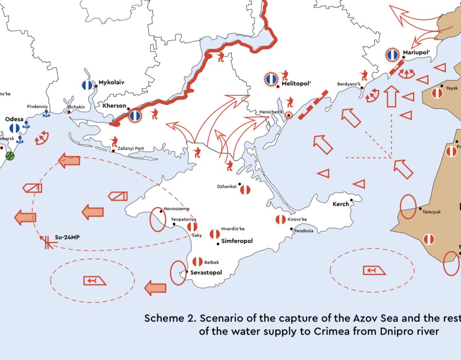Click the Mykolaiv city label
(x=111, y=82)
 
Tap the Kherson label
(x=114, y=106)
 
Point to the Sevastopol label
(x=206, y=273)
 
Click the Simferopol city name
(x=237, y=241)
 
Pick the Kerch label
(x=341, y=204)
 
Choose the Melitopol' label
(x=297, y=84)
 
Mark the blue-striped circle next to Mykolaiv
(x=87, y=84)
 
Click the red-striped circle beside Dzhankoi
(x=245, y=190)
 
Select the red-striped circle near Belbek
(x=197, y=262)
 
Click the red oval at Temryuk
(x=408, y=207)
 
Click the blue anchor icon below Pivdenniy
(x=46, y=114)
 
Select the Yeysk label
(x=452, y=88)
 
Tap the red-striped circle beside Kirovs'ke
(x=281, y=219)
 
